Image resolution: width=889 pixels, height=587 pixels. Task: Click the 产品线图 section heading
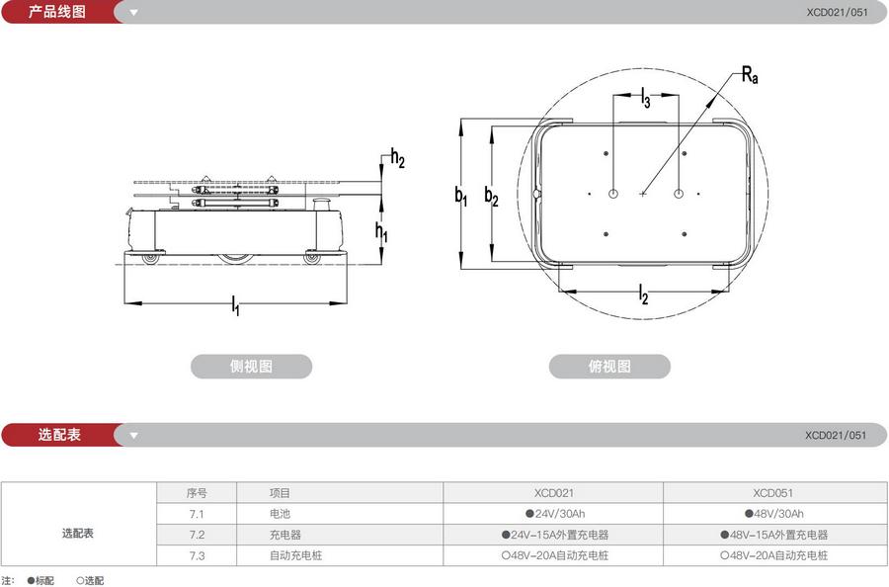(x=57, y=12)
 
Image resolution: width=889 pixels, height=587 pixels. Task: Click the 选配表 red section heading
(x=59, y=435)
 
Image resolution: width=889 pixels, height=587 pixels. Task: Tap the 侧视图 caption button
(x=251, y=367)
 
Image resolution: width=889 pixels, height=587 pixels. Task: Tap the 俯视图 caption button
(x=609, y=367)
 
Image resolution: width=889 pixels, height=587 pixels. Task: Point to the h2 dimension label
(x=397, y=158)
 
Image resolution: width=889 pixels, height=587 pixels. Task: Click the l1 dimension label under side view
(x=235, y=307)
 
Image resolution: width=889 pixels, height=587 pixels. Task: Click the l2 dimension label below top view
(x=643, y=293)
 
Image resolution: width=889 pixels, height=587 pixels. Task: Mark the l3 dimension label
(x=645, y=97)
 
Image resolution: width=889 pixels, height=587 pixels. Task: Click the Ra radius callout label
(x=751, y=74)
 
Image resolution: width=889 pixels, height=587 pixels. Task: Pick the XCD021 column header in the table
(x=553, y=492)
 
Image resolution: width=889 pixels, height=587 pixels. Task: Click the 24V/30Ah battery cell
(x=553, y=514)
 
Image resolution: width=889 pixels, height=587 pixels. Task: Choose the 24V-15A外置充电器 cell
(x=553, y=535)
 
